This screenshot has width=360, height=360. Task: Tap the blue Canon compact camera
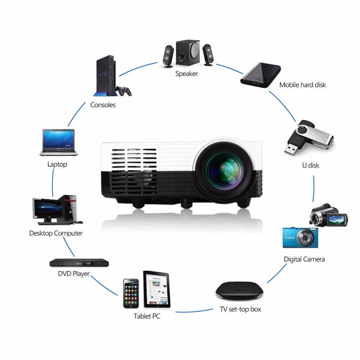point(300,238)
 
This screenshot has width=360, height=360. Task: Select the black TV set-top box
point(239,291)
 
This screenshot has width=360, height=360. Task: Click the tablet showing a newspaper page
point(157,289)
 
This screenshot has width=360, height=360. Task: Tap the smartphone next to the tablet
point(131,293)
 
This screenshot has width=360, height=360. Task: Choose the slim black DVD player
point(79,263)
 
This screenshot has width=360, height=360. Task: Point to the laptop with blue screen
point(58,143)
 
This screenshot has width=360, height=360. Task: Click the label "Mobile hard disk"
point(302,85)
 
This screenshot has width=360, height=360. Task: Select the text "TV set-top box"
point(240,309)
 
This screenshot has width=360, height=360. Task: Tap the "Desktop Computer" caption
point(56,233)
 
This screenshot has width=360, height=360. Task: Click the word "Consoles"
point(103,105)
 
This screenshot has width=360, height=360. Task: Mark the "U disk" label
point(310,166)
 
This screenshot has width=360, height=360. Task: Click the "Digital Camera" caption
point(304,259)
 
